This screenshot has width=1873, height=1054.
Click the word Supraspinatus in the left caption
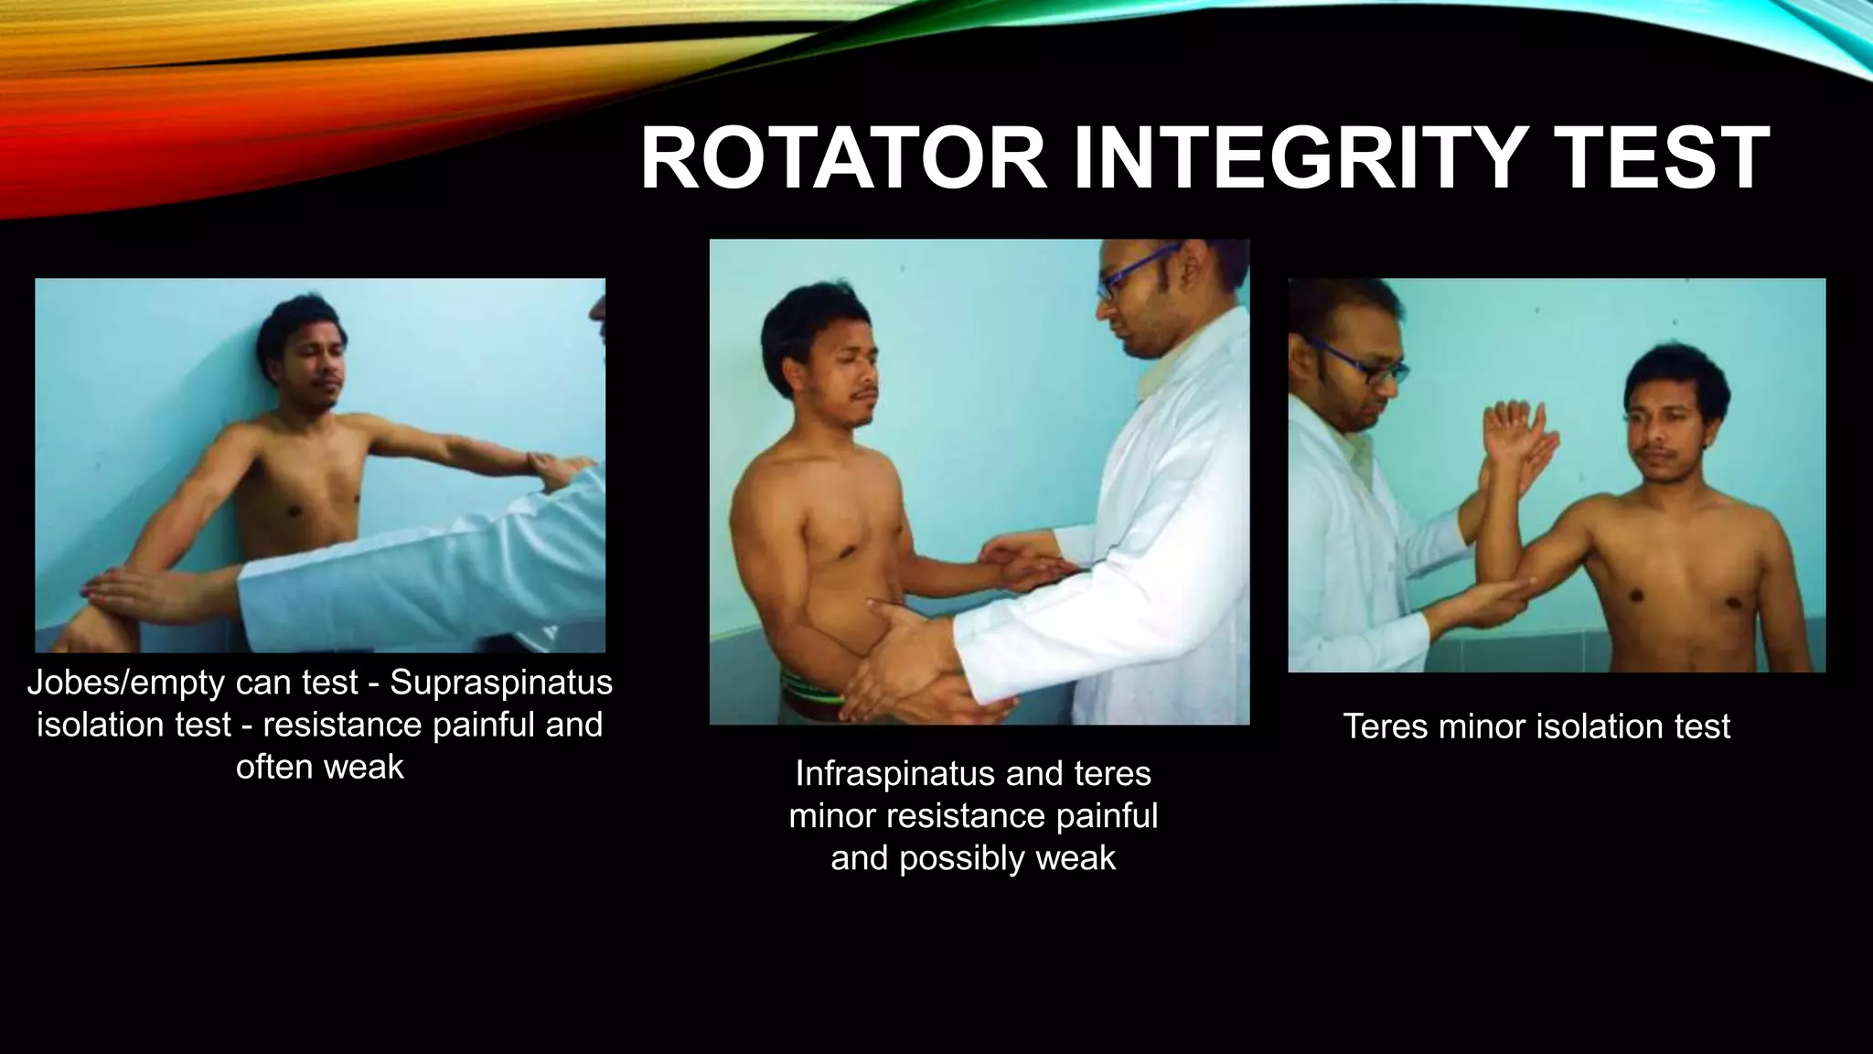pyautogui.click(x=501, y=683)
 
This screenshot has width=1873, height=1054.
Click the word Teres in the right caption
pyautogui.click(x=1386, y=726)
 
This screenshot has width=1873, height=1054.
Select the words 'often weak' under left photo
pyautogui.click(x=319, y=767)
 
